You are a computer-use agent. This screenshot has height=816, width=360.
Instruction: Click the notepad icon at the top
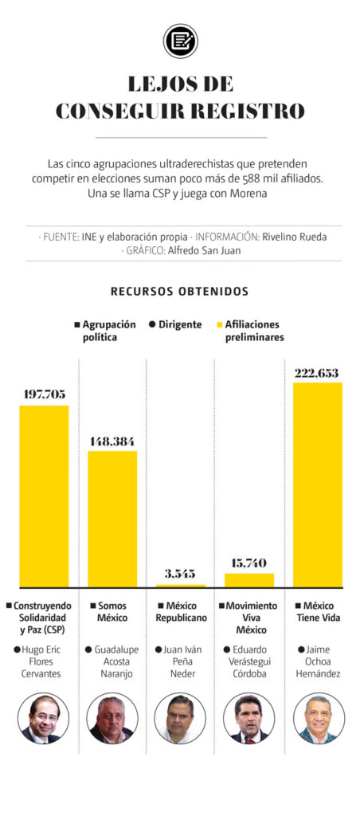pyautogui.click(x=180, y=41)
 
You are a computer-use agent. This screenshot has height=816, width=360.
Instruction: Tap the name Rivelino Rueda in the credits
pyautogui.click(x=294, y=237)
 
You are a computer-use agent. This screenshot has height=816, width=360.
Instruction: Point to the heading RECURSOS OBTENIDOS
pyautogui.click(x=179, y=292)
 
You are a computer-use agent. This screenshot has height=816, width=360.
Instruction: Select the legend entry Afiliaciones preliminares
pyautogui.click(x=250, y=331)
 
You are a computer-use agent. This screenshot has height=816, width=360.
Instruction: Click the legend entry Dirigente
pyautogui.click(x=175, y=325)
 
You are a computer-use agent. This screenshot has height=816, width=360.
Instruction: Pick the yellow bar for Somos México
pyautogui.click(x=112, y=519)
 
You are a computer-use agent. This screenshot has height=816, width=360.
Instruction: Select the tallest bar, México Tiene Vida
pyautogui.click(x=317, y=484)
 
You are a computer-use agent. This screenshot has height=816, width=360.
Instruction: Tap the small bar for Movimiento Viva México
pyautogui.click(x=249, y=580)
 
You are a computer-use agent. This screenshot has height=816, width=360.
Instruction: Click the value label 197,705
pyautogui.click(x=45, y=394)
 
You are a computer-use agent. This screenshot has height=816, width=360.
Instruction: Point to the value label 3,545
pyautogui.click(x=180, y=574)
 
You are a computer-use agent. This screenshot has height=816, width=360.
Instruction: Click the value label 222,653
pyautogui.click(x=317, y=373)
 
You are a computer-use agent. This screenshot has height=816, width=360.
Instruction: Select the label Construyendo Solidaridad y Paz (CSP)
pyautogui.click(x=40, y=618)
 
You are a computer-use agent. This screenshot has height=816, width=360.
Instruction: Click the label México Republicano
pyautogui.click(x=182, y=612)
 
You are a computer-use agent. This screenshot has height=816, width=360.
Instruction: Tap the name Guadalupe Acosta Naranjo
pyautogui.click(x=113, y=662)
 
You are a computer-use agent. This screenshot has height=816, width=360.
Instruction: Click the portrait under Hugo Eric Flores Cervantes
pyautogui.click(x=43, y=719)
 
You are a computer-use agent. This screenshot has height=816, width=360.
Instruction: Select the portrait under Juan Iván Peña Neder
pyautogui.click(x=180, y=719)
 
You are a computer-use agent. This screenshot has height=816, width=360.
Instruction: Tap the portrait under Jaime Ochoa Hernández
pyautogui.click(x=319, y=719)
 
